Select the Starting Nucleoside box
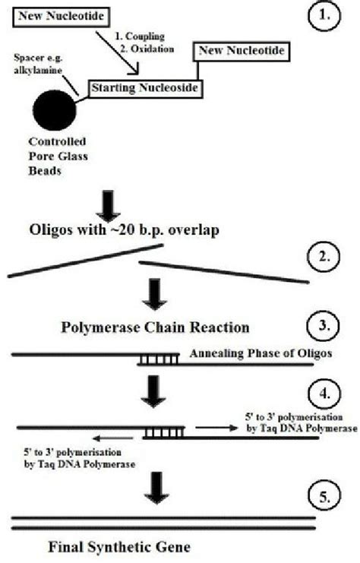pos(144,89)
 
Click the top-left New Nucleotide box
pos(61,15)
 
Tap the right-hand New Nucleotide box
pos(241,51)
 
